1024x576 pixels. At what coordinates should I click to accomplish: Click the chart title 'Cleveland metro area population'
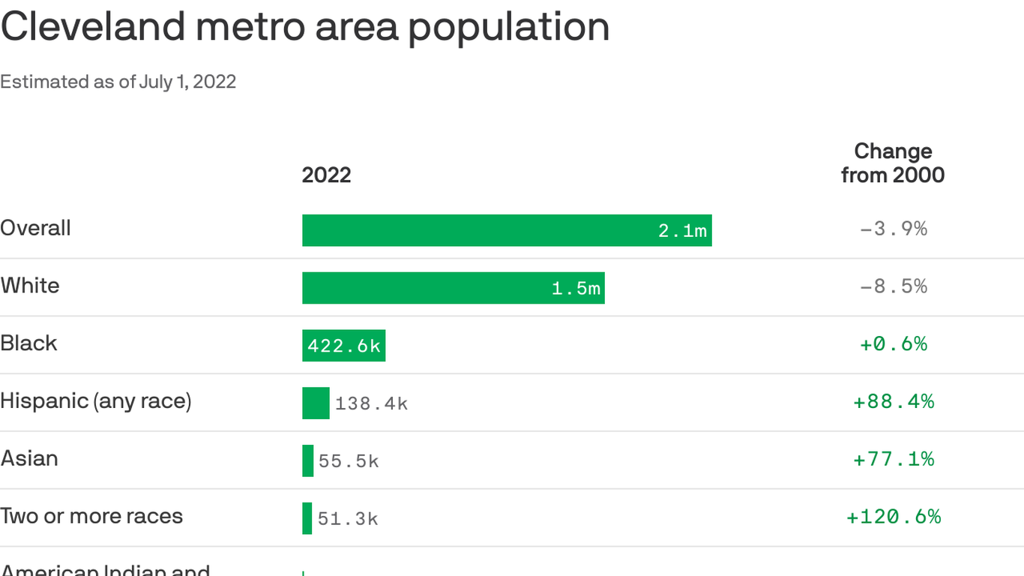pos(304,27)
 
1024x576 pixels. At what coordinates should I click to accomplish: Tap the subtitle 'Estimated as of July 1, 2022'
pos(118,82)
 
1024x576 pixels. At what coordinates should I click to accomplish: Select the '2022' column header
pos(326,175)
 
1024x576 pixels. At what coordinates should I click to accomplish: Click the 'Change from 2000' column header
pos(892,163)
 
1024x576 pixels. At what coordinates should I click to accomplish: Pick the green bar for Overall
pos(507,230)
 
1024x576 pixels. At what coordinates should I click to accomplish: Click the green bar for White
pos(453,288)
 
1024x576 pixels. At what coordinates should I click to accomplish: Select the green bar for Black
pos(343,346)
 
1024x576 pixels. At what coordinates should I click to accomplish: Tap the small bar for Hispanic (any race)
pos(316,403)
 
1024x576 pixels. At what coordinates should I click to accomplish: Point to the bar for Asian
pos(307,460)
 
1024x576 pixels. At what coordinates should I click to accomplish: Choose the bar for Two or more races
pos(307,518)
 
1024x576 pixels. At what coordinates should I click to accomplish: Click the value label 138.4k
pos(371,404)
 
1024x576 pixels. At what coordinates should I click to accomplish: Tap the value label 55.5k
pos(349,461)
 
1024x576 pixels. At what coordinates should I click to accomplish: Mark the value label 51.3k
pos(348,519)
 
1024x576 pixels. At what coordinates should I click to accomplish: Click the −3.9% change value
pos(893,229)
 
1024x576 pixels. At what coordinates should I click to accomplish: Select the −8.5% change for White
pos(893,286)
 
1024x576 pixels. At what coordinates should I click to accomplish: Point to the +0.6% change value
pos(893,344)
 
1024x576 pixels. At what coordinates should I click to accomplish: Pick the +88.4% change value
pos(893,402)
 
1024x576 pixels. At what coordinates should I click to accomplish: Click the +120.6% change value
pos(893,517)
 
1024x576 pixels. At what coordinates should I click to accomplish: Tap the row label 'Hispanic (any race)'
pos(96,401)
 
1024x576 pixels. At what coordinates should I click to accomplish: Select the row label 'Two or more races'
pos(91,516)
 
